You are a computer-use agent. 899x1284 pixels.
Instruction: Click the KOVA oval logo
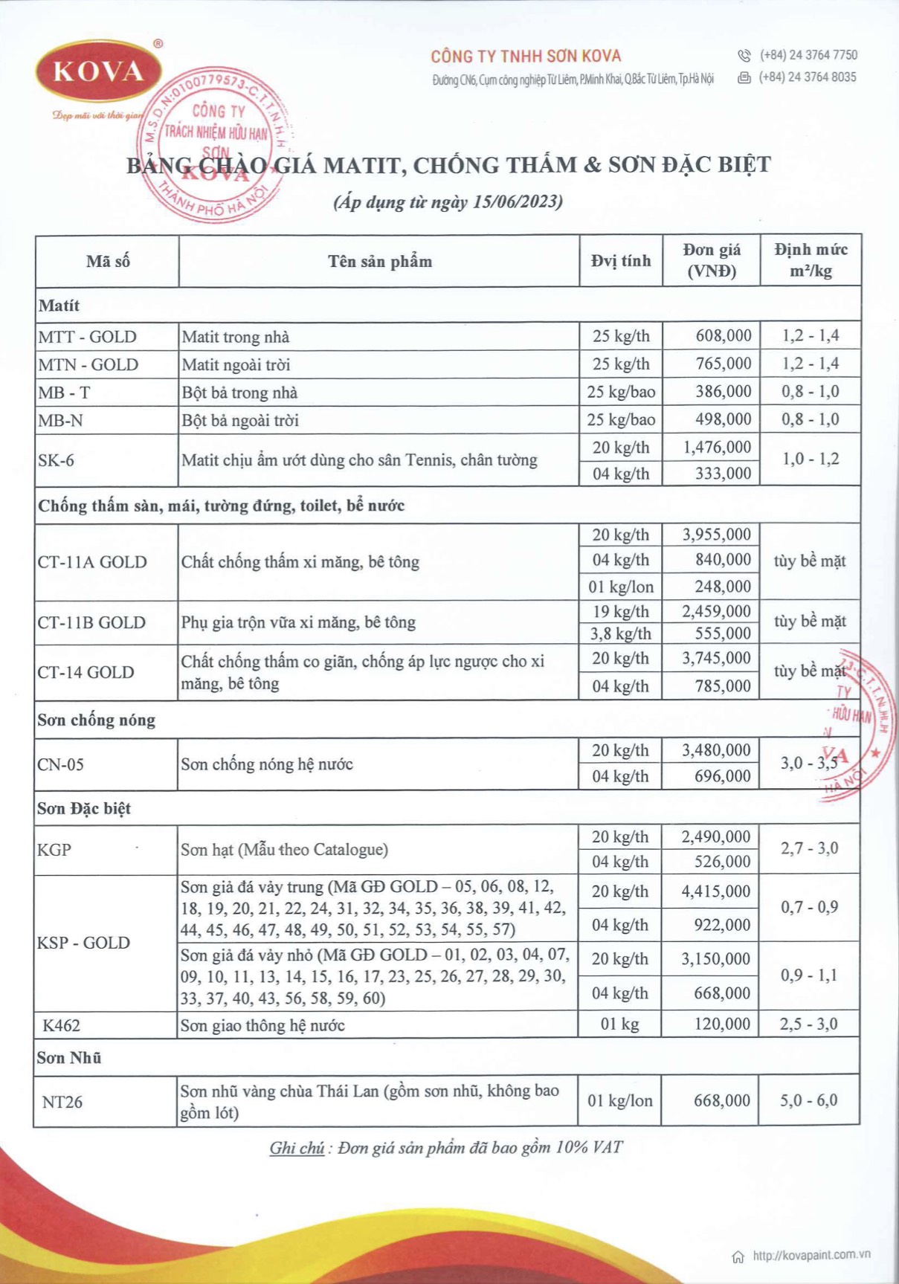[x=98, y=71]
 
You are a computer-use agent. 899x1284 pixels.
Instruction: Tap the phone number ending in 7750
[x=808, y=55]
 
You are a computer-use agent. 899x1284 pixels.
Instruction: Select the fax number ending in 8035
[x=808, y=77]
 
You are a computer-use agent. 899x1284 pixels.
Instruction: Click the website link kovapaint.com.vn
[x=811, y=1255]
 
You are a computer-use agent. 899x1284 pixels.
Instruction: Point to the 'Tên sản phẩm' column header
[x=379, y=262]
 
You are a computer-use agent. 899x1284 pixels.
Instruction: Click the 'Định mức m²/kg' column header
[x=811, y=260]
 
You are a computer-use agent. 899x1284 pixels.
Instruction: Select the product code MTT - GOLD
[x=87, y=337]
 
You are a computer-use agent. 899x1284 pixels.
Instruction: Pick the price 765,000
[x=723, y=364]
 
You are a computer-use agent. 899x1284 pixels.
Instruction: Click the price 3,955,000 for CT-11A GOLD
[x=716, y=535]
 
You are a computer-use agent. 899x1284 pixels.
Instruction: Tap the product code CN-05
[x=61, y=764]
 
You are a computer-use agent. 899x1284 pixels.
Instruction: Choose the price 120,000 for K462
[x=722, y=1025]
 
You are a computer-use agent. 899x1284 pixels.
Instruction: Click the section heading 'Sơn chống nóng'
[x=96, y=720]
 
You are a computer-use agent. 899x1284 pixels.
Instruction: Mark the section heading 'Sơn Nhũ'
[x=69, y=1057]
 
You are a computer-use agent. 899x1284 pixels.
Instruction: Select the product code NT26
[x=62, y=1102]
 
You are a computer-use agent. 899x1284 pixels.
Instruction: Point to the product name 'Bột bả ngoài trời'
[x=240, y=421]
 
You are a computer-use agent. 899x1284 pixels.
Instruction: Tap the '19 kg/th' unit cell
[x=620, y=612]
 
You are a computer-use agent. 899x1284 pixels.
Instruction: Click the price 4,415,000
[x=715, y=891]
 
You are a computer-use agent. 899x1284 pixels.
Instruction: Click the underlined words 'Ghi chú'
[x=296, y=1148]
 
